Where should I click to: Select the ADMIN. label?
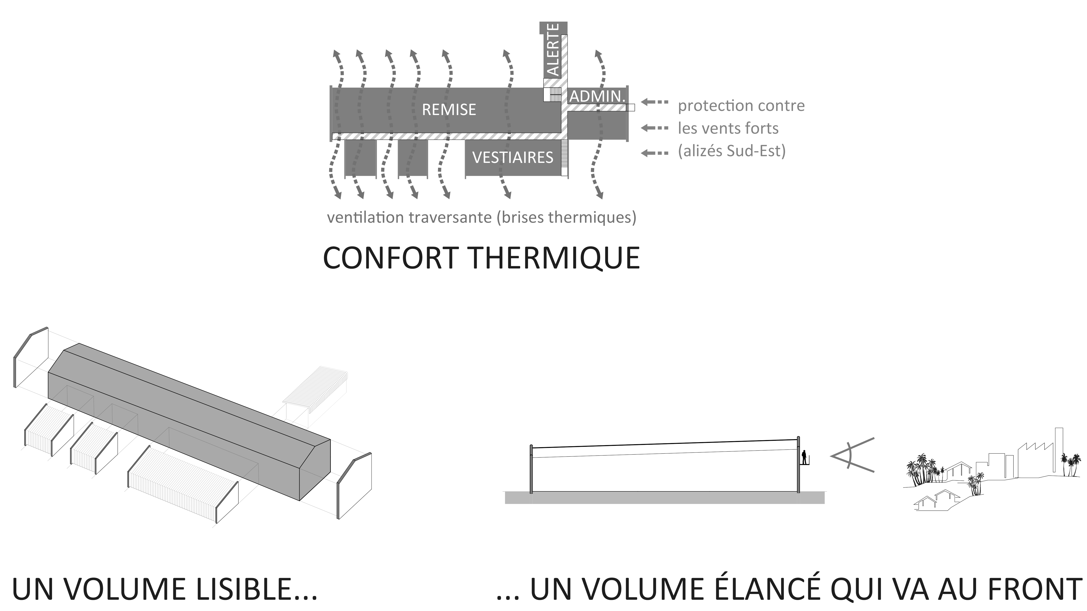597,96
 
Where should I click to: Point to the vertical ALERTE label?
553,50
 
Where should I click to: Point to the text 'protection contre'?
741,106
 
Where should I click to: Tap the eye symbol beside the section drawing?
852,455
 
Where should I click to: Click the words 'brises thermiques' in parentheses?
566,217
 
